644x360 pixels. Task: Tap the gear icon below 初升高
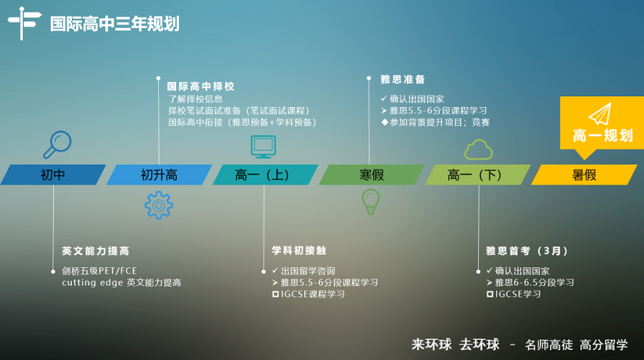pos(159,205)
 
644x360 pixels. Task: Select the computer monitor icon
pos(263,147)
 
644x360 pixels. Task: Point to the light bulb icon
pos(370,201)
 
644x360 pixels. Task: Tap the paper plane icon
pos(600,114)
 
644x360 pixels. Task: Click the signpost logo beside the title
pos(24,23)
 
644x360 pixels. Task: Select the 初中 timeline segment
pos(53,175)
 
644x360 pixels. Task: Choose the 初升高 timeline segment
pos(159,175)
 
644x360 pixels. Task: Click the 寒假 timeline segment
pos(372,175)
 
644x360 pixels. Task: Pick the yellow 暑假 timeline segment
pos(584,175)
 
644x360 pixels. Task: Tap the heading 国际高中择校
pos(201,86)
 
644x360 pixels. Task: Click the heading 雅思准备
pos(402,79)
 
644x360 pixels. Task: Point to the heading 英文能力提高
pos(96,251)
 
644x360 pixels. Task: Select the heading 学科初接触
pos(299,250)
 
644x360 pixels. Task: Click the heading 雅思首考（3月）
pos(527,251)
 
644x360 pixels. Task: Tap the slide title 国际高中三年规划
pos(114,24)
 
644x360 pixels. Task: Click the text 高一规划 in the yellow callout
pos(602,136)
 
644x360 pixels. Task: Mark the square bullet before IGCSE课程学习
pos(275,295)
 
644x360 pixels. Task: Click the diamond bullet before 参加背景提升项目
pos(385,122)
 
